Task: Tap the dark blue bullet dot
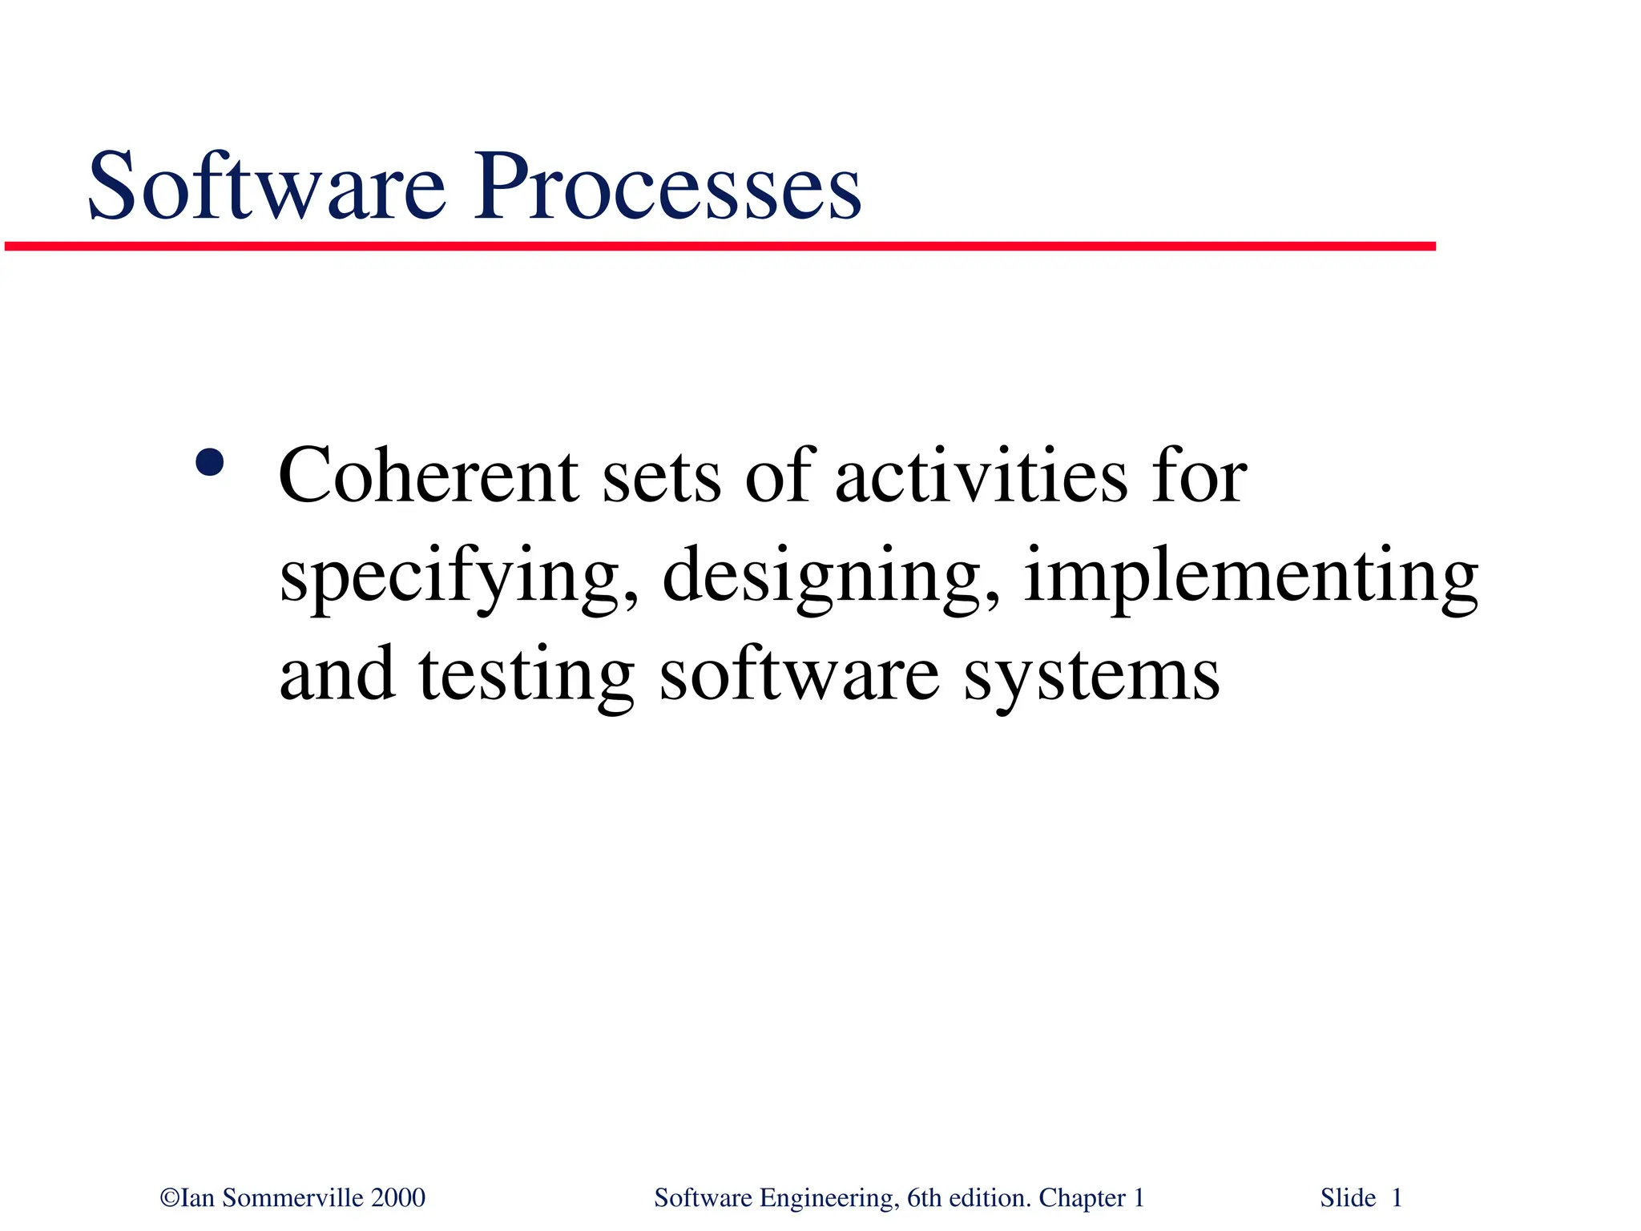(x=209, y=462)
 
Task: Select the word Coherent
(x=428, y=476)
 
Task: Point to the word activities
(x=981, y=476)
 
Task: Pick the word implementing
(x=1250, y=577)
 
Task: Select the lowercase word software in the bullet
(x=799, y=675)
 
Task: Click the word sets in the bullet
(x=661, y=477)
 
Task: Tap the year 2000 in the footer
(x=398, y=1198)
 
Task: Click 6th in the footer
(x=924, y=1198)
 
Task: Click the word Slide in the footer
(x=1348, y=1198)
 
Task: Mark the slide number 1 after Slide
(x=1397, y=1198)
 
